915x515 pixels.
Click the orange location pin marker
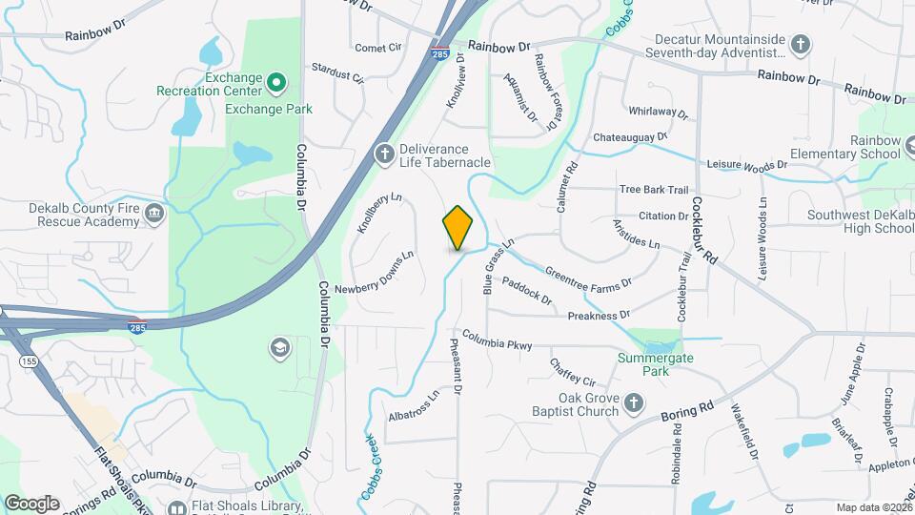[457, 227]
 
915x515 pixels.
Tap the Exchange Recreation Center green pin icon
[276, 83]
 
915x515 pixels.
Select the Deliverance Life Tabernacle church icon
[384, 154]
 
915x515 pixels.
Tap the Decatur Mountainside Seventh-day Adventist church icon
[802, 44]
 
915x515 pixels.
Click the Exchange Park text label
[269, 109]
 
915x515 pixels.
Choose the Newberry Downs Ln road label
[374, 273]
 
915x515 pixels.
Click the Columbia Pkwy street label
[498, 342]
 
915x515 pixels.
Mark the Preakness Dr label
[599, 315]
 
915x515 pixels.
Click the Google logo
[31, 503]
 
